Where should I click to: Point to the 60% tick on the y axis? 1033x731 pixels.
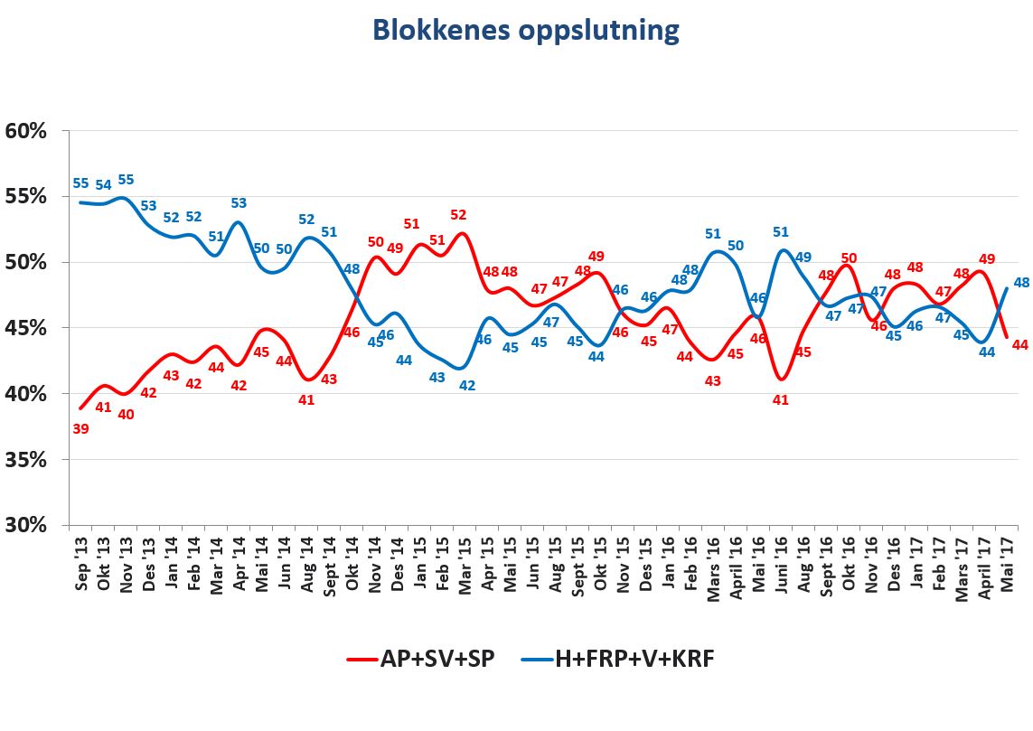click(x=26, y=131)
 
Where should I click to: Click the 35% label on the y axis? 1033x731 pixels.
click(x=26, y=460)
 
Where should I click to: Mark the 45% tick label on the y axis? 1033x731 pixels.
click(x=26, y=328)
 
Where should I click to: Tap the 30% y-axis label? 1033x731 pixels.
click(x=26, y=525)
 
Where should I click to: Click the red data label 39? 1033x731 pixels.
click(x=80, y=429)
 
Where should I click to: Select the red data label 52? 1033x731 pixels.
click(x=459, y=215)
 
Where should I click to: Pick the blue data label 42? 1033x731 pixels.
click(x=468, y=385)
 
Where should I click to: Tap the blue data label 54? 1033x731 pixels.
click(x=103, y=185)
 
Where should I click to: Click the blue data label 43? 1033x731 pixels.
click(x=437, y=378)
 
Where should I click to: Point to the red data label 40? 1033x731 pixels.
click(x=126, y=415)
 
